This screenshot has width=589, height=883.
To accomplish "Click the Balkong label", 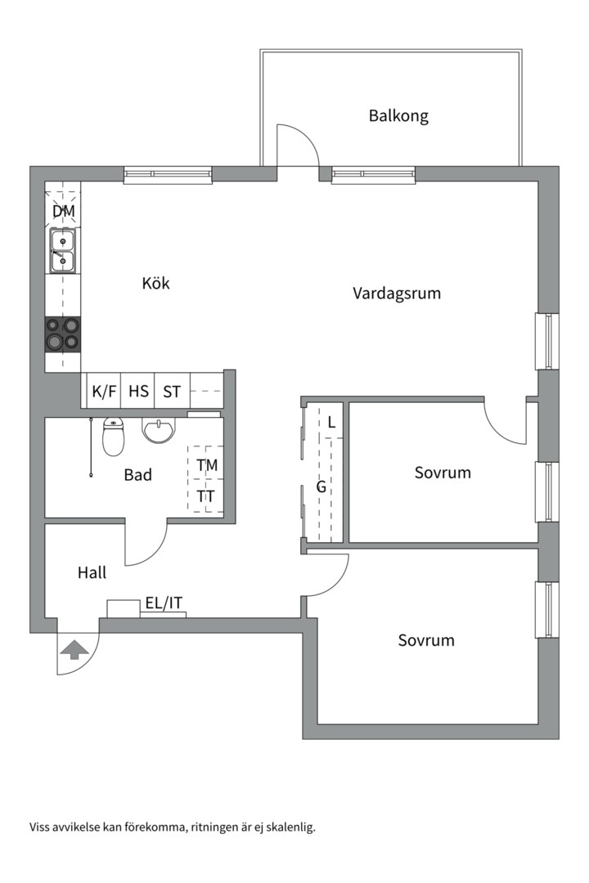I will [398, 115].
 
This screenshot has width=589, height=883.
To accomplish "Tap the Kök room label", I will [155, 283].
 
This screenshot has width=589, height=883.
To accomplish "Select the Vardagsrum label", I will [397, 293].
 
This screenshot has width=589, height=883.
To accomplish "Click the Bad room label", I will [137, 474].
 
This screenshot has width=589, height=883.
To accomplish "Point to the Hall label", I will [92, 573].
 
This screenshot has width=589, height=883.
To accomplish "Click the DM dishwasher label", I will [63, 212].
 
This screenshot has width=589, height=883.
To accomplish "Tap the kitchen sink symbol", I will [63, 250].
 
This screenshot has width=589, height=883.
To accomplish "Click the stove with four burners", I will [63, 334].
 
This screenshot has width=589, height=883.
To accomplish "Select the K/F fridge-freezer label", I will [104, 392].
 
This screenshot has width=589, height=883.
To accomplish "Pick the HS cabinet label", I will [138, 392].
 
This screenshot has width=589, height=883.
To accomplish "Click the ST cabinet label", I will [172, 392].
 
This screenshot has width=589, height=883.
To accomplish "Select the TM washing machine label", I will [207, 465].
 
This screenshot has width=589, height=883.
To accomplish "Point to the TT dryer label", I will [207, 495].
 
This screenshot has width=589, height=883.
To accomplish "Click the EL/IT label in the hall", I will [164, 603].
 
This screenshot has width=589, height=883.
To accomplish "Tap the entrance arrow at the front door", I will [74, 650].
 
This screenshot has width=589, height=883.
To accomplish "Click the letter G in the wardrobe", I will [321, 487].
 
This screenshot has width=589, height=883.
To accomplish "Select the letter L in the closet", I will [330, 423].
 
